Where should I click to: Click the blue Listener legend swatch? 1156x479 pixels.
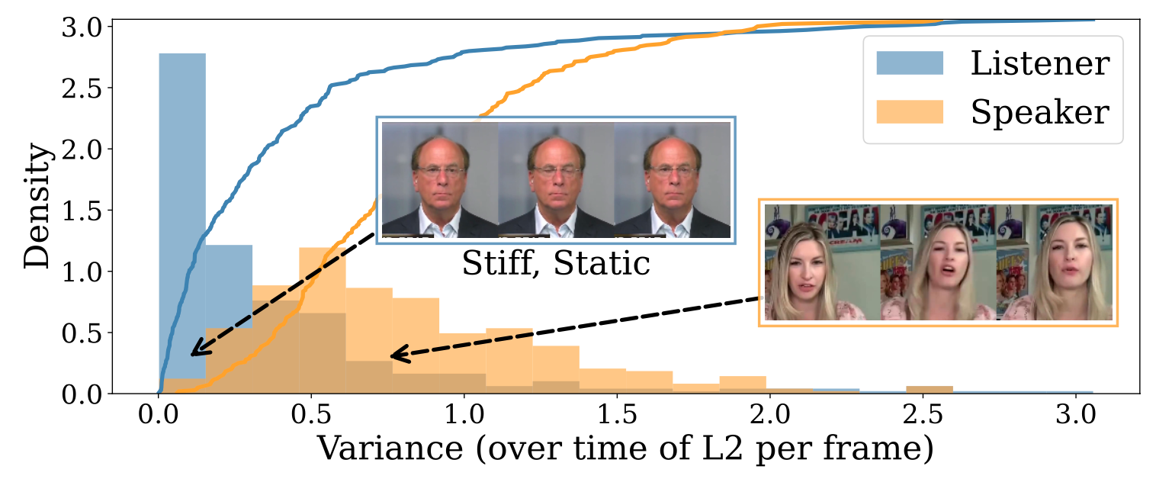[x=911, y=64]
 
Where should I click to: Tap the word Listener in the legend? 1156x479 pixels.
[x=1039, y=64]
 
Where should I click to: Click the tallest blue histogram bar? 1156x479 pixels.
[x=181, y=221]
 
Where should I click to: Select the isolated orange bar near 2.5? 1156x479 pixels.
[x=929, y=390]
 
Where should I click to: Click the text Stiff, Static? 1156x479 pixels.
[x=556, y=264]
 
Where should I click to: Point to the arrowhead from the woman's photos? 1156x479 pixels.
[x=394, y=355]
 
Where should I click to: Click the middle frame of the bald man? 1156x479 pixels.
[x=556, y=179]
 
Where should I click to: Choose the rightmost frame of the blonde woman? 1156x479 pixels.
[x=1073, y=262]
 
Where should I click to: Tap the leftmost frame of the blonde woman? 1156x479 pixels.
[x=821, y=262]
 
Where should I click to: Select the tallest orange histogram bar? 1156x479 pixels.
[x=322, y=320]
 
